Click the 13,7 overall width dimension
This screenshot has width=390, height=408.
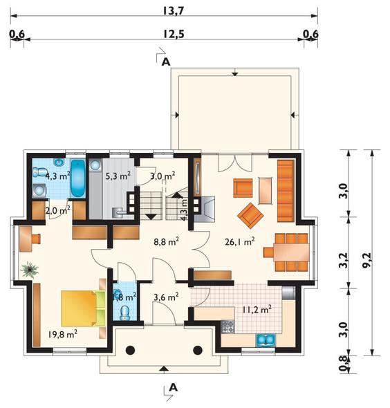pos(174,10)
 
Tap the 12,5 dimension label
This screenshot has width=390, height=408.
pos(174,34)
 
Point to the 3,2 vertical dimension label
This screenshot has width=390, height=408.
pos(343,260)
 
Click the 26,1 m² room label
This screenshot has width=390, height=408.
pos(240,242)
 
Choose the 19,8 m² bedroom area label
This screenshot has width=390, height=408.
pos(63,334)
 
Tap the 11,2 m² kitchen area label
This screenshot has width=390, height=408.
pos(257,310)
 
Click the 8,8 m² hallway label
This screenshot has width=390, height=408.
pos(166,242)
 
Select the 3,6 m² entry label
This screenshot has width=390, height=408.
pos(166,297)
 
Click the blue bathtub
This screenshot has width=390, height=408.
pos(78,178)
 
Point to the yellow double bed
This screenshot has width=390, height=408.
pos(83,308)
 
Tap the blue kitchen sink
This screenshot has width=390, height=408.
pos(266,340)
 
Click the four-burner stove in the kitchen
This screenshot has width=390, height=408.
pos(228,326)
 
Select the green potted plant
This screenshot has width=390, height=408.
pos(30,270)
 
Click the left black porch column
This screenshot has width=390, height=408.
pos(130,350)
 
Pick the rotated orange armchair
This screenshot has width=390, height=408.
pos(250,216)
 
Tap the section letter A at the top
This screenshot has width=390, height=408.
pos(166,62)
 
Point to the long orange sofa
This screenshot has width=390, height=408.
pos(286,191)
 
